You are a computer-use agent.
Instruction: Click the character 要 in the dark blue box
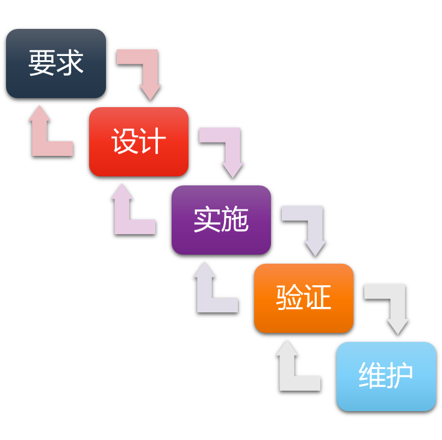tap(42, 63)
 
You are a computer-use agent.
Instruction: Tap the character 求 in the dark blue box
tap(70, 63)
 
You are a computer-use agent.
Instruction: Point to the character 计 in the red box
tap(153, 142)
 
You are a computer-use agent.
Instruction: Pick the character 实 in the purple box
tap(207, 220)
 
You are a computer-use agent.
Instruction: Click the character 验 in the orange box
tap(289, 298)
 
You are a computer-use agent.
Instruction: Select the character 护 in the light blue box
tap(400, 376)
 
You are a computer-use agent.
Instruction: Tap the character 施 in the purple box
tap(235, 220)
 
